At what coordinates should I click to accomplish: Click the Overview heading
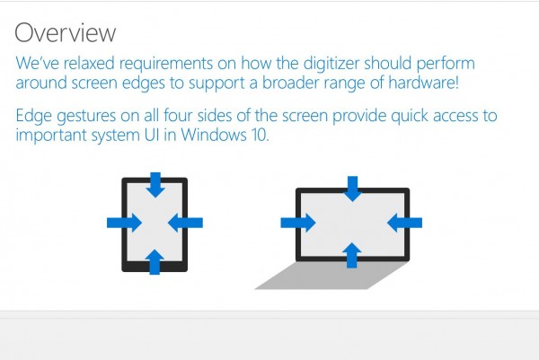click(65, 32)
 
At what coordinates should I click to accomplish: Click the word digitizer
click(331, 64)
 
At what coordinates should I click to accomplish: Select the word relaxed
click(89, 63)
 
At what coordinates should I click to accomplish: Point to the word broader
click(295, 83)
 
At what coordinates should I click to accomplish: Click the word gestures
click(86, 116)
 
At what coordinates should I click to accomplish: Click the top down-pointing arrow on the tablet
click(155, 185)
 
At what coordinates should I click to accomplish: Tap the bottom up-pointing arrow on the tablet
click(155, 262)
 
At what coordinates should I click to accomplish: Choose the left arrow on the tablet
click(124, 223)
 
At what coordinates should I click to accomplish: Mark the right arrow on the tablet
click(185, 223)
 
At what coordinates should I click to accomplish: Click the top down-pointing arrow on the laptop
click(352, 189)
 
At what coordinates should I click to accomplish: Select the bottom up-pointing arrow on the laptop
click(352, 255)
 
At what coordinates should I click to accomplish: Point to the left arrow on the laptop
click(298, 223)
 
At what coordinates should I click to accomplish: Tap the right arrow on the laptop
click(404, 223)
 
